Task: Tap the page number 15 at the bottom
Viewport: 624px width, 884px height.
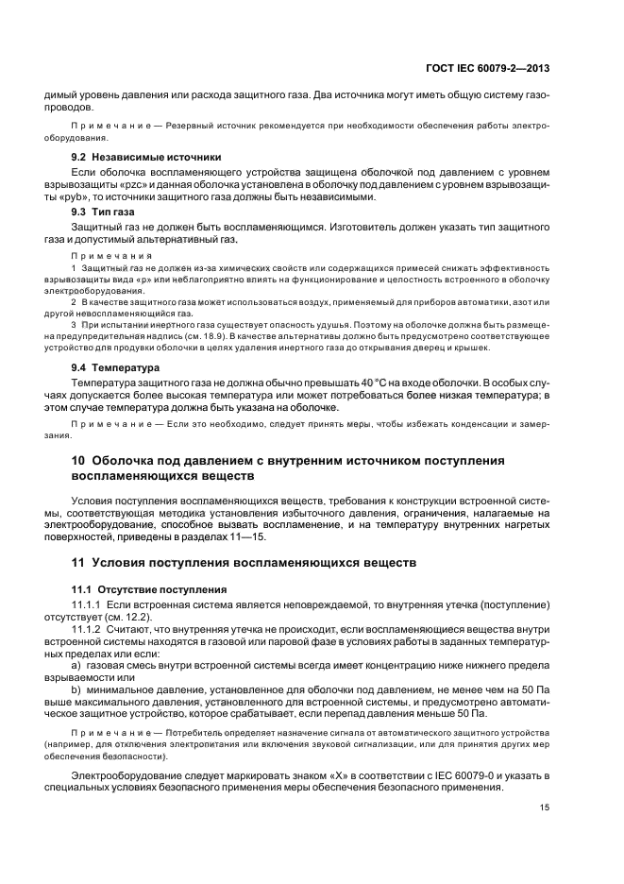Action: [545, 807]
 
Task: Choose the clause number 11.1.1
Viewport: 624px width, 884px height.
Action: [87, 603]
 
